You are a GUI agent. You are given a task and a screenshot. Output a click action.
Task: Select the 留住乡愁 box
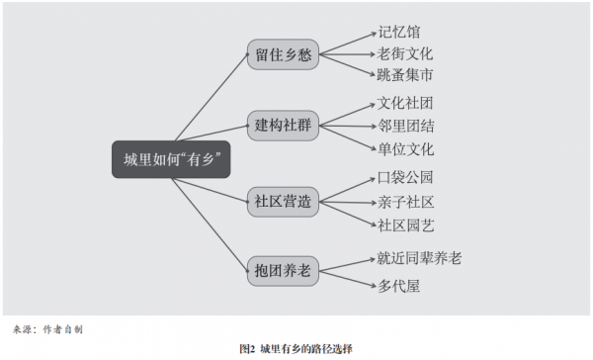[x=284, y=54]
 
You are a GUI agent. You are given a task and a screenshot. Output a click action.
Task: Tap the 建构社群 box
[x=284, y=126]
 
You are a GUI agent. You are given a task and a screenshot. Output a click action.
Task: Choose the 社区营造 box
[x=284, y=200]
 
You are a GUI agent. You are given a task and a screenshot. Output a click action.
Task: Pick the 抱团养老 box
[x=284, y=266]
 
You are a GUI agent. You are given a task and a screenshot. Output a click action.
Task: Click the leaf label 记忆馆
[x=398, y=30]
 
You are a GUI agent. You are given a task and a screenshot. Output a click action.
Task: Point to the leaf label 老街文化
[x=405, y=53]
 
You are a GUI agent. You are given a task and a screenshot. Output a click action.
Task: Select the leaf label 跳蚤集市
[x=405, y=75]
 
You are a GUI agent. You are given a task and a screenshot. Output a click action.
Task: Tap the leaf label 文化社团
[x=405, y=103]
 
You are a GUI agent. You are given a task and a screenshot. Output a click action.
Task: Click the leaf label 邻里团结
[x=405, y=126]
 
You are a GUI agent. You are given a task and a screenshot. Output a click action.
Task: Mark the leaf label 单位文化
[x=405, y=149]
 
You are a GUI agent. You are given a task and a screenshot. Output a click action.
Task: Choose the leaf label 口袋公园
[x=405, y=178]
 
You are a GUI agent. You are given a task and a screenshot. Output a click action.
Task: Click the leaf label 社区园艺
[x=405, y=225]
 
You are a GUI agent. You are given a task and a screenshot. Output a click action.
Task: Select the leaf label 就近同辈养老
[x=420, y=258]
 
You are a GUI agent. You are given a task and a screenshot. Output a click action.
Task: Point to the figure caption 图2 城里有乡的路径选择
[x=296, y=348]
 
